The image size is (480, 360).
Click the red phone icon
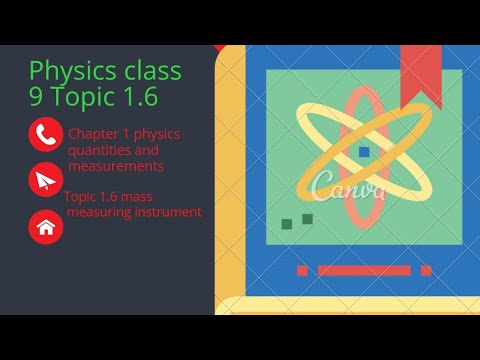pos(46,134)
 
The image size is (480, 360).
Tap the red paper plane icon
pos(46,181)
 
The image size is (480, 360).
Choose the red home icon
pos(46,227)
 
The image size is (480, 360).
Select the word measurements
pos(116,166)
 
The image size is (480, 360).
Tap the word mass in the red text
pos(136,196)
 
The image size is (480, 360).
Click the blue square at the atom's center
pos(364,152)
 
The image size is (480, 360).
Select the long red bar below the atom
pos(363,270)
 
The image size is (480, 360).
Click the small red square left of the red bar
pos(302,270)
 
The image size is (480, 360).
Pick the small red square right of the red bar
pos(426,270)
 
